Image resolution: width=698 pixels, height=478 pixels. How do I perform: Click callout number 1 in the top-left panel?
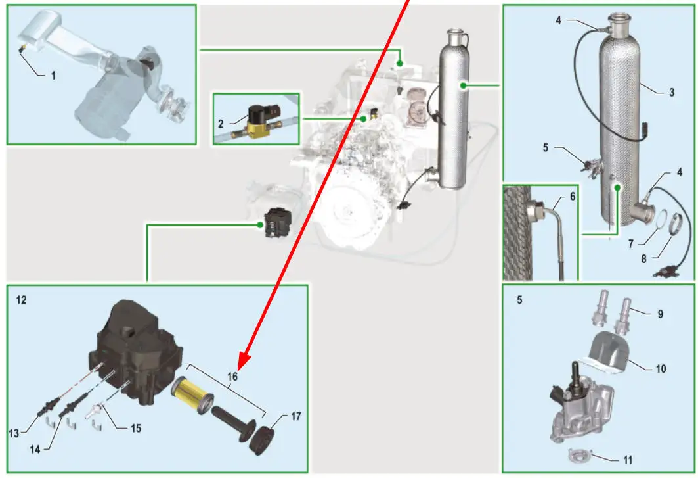[x=54, y=76]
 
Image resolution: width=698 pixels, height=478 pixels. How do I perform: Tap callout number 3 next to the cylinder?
[x=672, y=93]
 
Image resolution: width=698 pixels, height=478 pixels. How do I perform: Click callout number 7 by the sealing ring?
[x=630, y=244]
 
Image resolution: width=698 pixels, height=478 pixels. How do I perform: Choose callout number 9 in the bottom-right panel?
[x=661, y=314]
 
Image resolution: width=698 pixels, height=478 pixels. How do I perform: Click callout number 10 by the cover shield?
[x=661, y=369]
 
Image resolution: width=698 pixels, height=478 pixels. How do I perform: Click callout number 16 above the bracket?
[x=233, y=377]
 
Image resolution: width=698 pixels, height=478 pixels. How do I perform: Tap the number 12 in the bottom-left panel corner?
[x=22, y=300]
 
